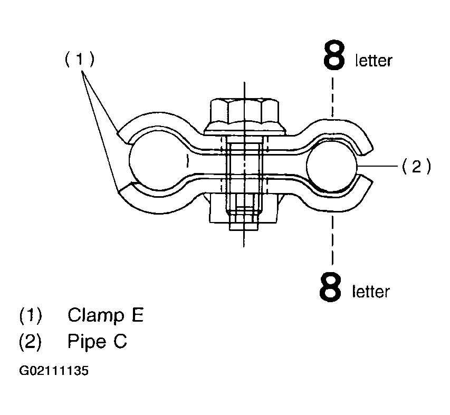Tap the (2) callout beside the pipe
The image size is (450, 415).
point(416,167)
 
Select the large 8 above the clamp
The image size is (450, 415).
point(333,56)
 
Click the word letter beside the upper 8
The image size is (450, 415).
point(374,61)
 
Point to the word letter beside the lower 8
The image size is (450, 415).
point(371,291)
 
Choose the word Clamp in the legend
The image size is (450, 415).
point(92,316)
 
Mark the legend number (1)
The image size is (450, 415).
point(30,316)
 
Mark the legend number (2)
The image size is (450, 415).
point(30,342)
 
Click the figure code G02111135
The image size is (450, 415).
point(54,371)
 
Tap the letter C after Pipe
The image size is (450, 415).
point(120,342)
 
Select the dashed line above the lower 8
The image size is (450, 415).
point(332,240)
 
